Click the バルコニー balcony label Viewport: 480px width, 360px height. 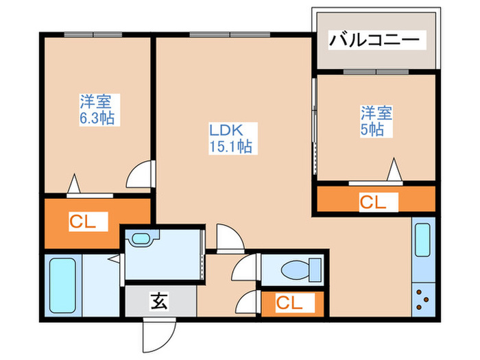coord(374,39)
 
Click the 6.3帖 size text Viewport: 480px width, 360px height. coord(95,118)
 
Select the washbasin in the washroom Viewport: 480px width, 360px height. coord(142,239)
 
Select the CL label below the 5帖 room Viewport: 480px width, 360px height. coord(374,202)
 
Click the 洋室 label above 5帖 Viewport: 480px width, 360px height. coord(377,112)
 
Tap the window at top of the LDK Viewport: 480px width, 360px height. coord(220,34)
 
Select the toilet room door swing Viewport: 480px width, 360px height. coord(245,269)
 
